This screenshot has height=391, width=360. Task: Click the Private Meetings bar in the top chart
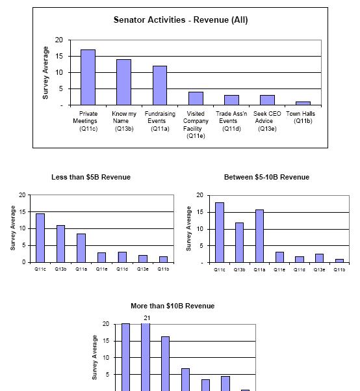[88, 77]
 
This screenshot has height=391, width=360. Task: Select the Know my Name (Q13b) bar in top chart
[124, 82]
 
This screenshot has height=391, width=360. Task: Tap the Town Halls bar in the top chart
[303, 103]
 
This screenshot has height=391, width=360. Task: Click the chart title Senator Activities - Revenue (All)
[181, 20]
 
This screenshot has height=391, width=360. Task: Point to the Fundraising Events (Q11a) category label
[160, 121]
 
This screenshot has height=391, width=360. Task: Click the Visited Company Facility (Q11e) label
[196, 125]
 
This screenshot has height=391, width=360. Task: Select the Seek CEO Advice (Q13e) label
[267, 121]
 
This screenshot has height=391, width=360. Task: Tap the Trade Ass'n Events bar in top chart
[231, 100]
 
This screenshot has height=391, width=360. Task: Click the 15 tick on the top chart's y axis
[59, 57]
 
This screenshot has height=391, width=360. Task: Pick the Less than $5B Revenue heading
[91, 177]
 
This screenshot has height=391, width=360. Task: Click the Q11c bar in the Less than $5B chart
[40, 238]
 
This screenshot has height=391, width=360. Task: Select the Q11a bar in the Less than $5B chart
[81, 248]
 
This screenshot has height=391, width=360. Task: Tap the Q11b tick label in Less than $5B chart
[164, 269]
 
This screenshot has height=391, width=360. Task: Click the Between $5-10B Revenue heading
[267, 177]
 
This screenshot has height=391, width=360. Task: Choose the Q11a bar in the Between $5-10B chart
[259, 236]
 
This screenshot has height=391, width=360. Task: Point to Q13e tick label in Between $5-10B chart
[319, 269]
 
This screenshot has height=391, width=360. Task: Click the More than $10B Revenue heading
[173, 306]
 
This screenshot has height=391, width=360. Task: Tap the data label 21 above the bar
[147, 318]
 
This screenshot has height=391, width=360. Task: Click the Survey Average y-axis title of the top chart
[45, 73]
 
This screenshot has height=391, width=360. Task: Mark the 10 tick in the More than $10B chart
[106, 358]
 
